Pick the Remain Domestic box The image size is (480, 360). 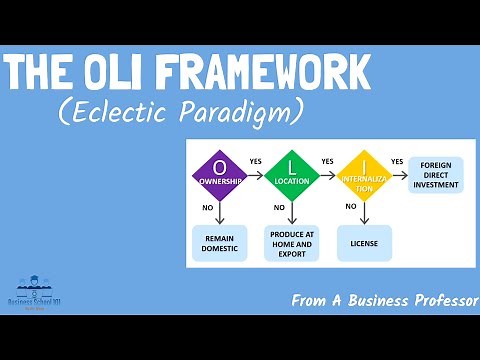click(219, 243)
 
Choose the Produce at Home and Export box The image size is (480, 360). click(291, 244)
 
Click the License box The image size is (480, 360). click(364, 243)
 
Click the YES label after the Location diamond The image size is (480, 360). click(327, 161)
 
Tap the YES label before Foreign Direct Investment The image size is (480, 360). click(397, 161)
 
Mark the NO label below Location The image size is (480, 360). click(279, 207)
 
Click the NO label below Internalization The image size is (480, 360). click(351, 207)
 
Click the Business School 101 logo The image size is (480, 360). click(37, 295)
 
